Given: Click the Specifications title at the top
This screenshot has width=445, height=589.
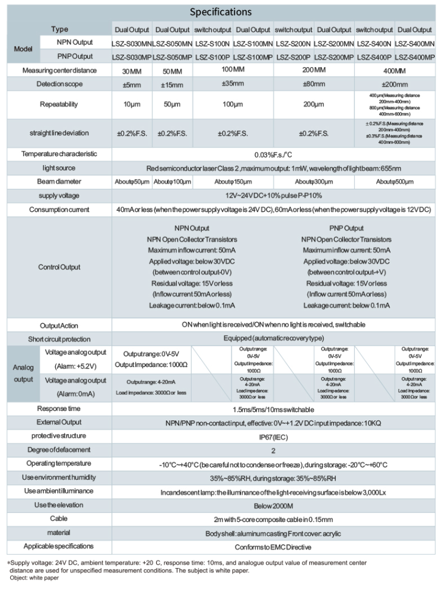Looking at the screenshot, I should tap(221, 12).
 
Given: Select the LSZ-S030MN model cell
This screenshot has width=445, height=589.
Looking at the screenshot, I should tap(131, 43).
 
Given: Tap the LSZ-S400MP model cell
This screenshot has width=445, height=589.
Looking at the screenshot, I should tap(414, 56).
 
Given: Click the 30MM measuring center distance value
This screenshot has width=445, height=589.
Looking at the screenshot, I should tap(131, 71).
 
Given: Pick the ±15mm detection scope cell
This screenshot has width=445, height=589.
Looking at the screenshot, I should tap(171, 84).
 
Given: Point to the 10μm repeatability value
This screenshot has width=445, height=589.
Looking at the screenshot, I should tap(131, 104).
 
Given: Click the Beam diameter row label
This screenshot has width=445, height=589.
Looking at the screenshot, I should tap(59, 180).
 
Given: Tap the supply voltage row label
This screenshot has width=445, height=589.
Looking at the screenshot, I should tap(59, 195).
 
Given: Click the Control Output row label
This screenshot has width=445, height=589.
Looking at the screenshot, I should tap(59, 267).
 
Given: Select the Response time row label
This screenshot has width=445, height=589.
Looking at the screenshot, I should tap(59, 409).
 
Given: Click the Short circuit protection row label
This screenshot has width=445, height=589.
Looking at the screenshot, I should tap(59, 339).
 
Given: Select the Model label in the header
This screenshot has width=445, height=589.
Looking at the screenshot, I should tap(23, 50).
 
